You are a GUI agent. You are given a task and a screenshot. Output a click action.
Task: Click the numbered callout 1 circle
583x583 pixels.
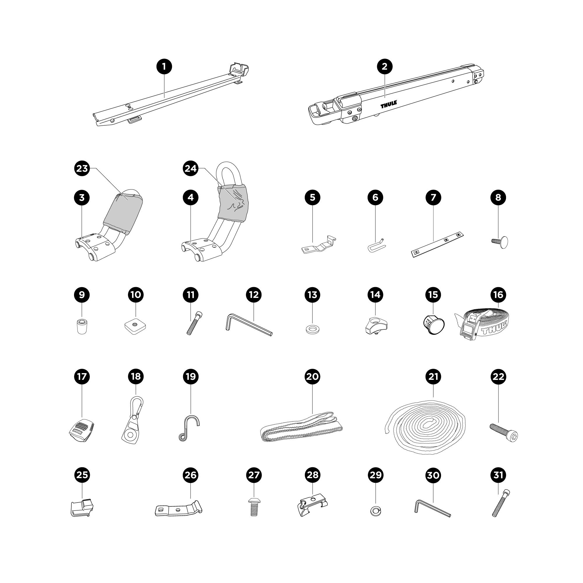164,66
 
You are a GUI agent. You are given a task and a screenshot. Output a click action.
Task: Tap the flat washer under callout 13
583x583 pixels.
312,328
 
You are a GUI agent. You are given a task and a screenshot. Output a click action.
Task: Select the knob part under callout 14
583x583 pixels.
376,325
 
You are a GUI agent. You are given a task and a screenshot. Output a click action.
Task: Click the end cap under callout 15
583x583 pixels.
434,325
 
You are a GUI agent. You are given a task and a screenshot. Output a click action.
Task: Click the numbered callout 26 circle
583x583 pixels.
190,475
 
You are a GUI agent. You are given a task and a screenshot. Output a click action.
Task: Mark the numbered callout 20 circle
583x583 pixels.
312,376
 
